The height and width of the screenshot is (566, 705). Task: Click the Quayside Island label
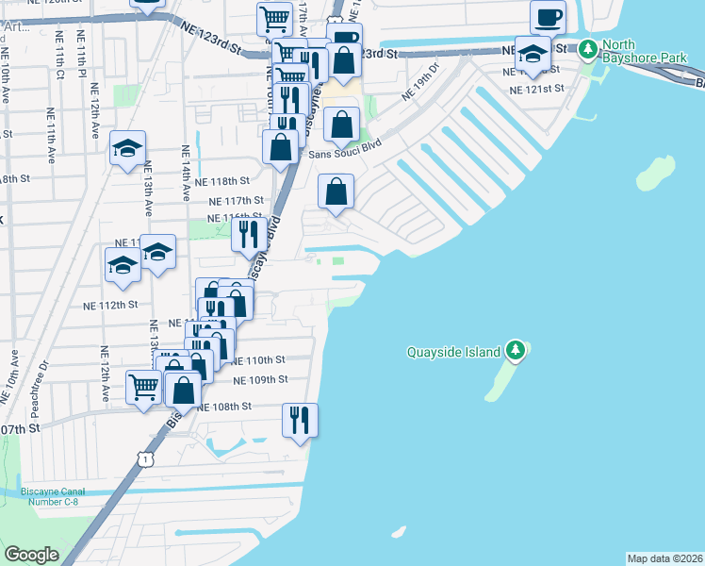tap(453, 353)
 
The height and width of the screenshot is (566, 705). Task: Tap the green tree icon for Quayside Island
tap(515, 352)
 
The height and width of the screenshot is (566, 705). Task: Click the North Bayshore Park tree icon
tap(588, 46)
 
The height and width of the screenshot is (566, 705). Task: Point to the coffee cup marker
tap(548, 18)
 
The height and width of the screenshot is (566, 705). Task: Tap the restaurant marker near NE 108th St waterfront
tap(300, 420)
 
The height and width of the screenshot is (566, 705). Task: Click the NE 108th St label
tap(225, 407)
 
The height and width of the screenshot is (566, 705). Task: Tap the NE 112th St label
tap(110, 305)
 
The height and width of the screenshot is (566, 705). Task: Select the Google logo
tap(31, 555)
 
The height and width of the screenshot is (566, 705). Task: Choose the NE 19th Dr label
tap(420, 82)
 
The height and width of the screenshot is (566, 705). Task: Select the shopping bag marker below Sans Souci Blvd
tap(336, 192)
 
